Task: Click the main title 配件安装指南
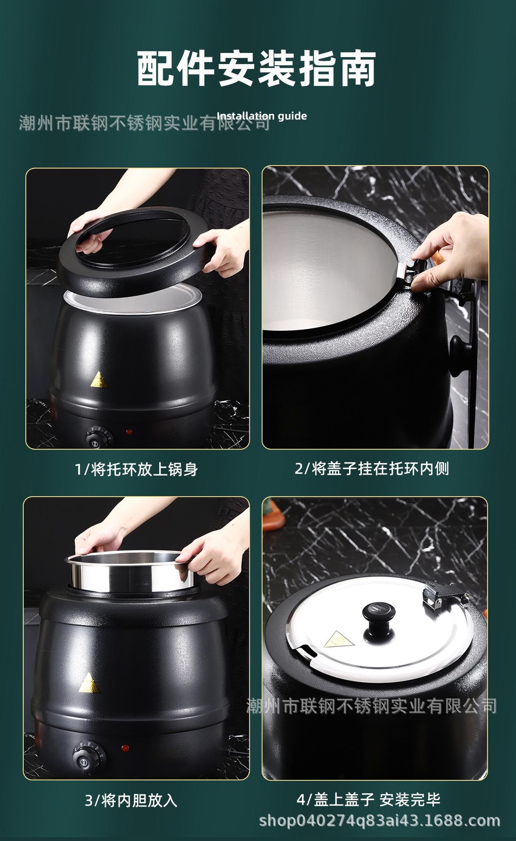pos(257,68)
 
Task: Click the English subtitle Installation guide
pos(262,116)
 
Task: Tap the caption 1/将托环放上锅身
pos(136,470)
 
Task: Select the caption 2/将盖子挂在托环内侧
pos(372,469)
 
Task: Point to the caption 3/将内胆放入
pos(131,801)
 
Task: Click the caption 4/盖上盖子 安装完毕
pos(368,800)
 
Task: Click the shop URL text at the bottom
pos(380,821)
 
